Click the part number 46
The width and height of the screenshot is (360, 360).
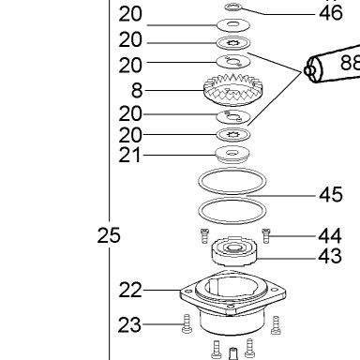331,13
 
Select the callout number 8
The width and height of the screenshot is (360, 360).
137,91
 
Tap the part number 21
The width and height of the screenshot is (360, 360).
130,155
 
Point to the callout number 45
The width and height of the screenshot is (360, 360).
331,194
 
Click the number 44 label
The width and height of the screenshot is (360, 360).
330,236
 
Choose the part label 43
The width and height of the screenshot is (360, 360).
330,256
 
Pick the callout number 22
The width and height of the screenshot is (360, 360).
130,290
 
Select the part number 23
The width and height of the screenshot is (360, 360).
129,324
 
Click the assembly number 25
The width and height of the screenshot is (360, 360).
109,235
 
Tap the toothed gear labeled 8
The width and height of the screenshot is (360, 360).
233,90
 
